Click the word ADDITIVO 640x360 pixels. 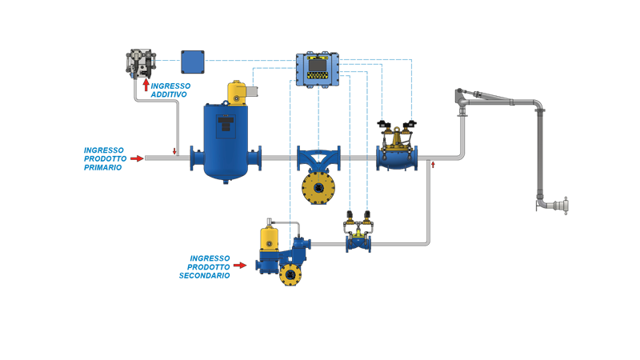click(x=169, y=94)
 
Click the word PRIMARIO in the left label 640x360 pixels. click(x=103, y=168)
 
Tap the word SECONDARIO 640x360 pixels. click(x=205, y=275)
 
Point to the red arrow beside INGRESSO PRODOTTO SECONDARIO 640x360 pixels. click(x=239, y=266)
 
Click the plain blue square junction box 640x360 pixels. click(x=192, y=61)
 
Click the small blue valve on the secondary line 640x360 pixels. click(x=358, y=240)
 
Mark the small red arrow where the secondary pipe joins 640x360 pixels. click(x=432, y=166)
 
